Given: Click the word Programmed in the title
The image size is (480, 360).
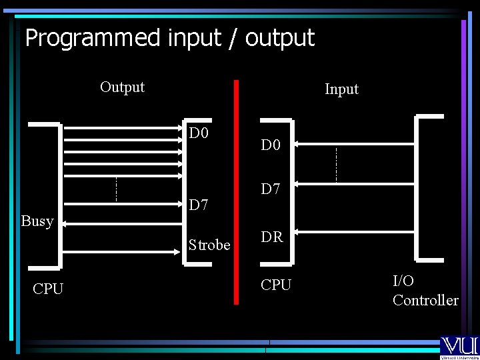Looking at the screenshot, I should point(93,38).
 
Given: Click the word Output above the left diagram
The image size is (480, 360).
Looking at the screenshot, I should point(122,87).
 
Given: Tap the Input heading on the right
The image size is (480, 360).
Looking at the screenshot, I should point(341,89).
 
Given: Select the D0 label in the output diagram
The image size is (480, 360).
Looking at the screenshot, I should point(199,133).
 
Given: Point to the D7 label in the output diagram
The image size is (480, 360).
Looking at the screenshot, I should point(199,204).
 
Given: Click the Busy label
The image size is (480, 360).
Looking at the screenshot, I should point(37,221).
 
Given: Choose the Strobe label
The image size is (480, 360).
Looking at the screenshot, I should point(209,245).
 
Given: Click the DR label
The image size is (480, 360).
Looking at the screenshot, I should point(271,237).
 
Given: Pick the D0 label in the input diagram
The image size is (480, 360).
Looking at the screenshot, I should point(271,145).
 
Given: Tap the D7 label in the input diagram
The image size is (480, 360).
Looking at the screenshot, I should point(271,189).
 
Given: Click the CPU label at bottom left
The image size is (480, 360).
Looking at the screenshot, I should point(48,289).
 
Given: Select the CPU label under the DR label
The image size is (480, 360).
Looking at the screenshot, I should point(276,285).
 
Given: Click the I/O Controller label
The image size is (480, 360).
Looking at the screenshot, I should point(425,291).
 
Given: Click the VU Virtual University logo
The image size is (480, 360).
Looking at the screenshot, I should point(459,347).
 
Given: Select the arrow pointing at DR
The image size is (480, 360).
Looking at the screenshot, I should point(297,233).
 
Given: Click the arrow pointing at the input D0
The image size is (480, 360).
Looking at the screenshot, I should point(297,143).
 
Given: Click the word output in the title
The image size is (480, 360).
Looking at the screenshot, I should point(279,38).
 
